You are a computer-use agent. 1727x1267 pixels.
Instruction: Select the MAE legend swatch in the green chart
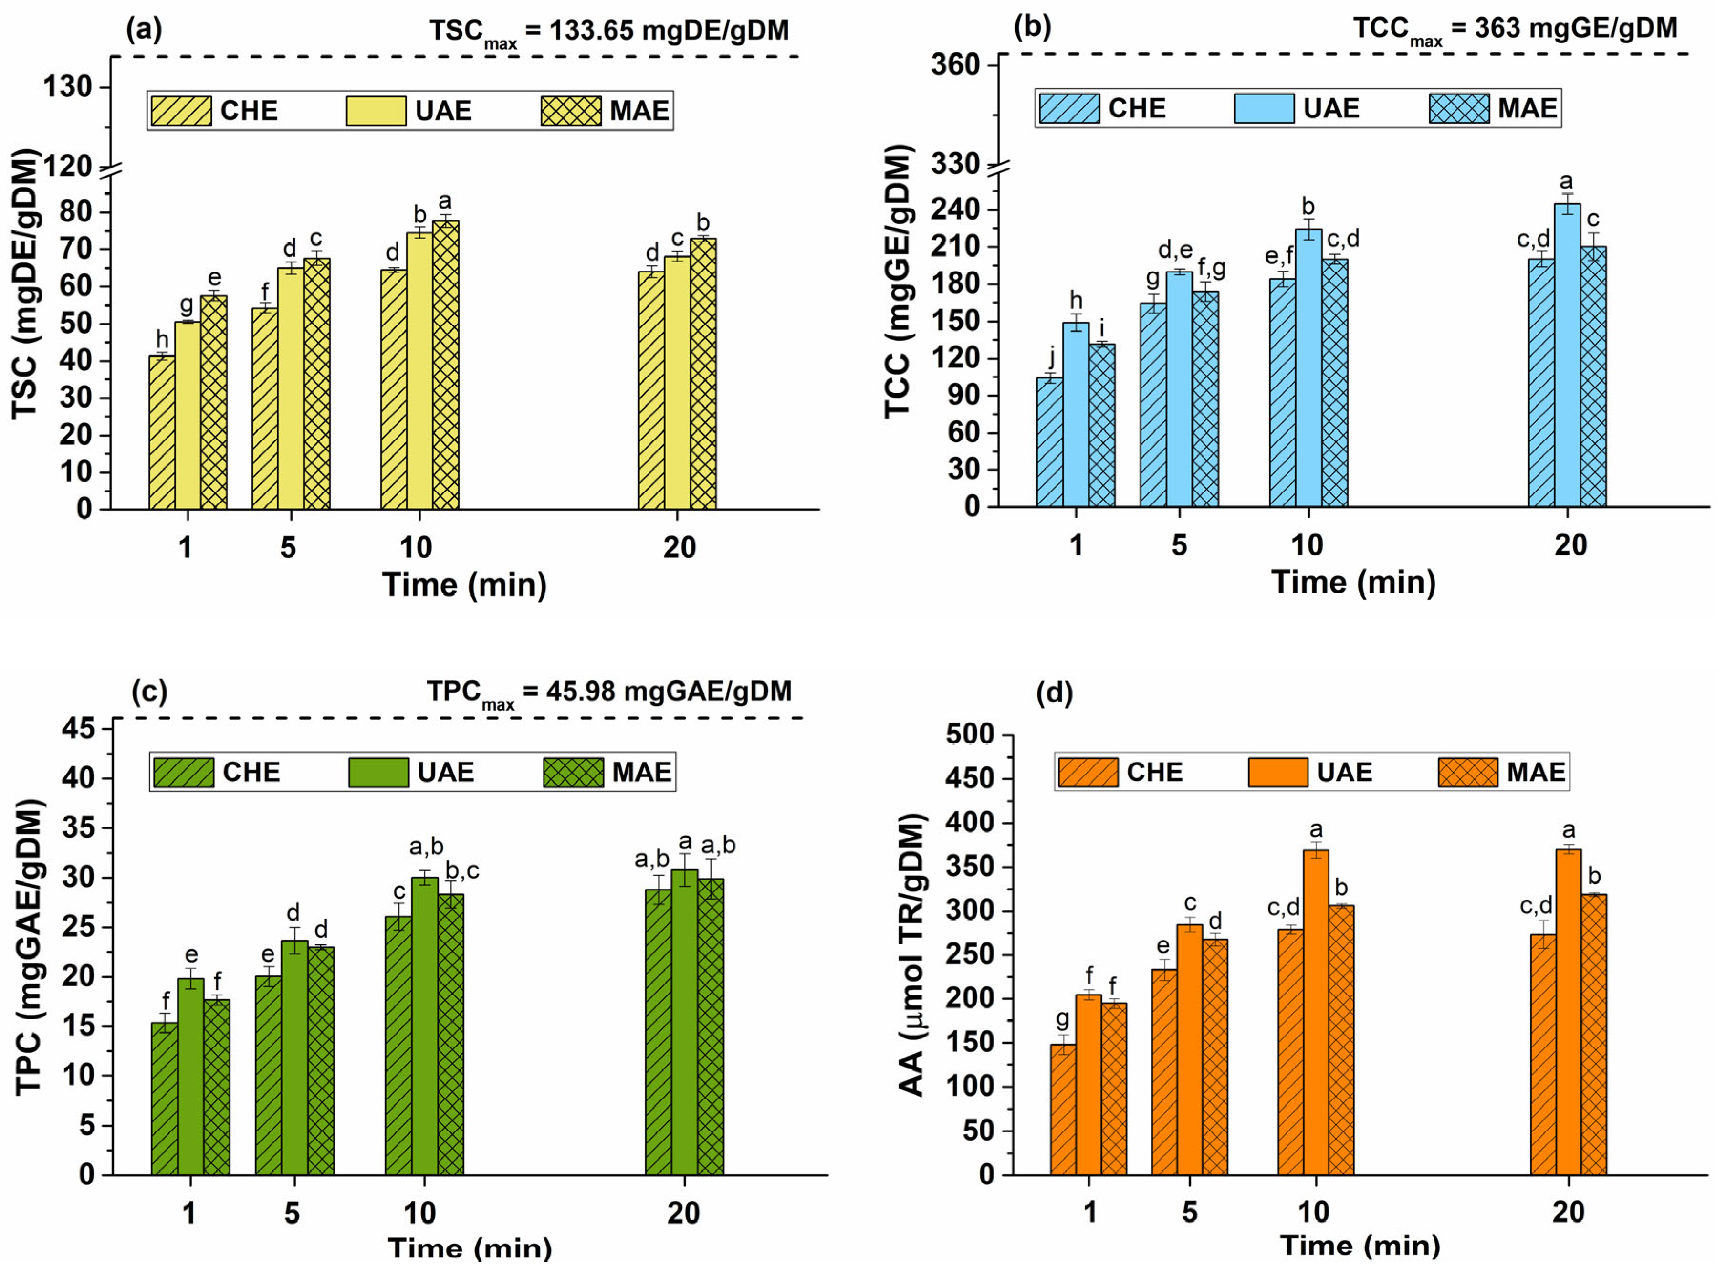573,772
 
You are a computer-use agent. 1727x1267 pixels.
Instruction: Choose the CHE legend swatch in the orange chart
1088,772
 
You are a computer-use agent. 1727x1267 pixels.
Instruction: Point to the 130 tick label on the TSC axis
67,87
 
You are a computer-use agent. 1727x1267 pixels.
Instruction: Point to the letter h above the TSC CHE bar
162,338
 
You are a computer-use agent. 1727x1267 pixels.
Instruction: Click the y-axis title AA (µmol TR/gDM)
912,955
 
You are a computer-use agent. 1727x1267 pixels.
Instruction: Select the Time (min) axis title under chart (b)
1353,582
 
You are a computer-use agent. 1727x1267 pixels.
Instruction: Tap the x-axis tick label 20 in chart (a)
679,548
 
